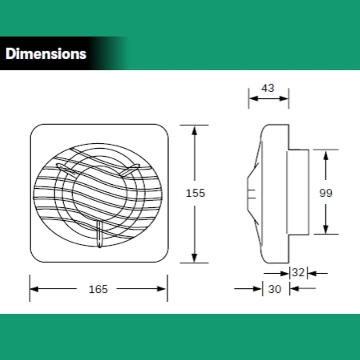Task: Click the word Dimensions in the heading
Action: (46, 54)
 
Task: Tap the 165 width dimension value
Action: (98, 289)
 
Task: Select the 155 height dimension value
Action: (195, 193)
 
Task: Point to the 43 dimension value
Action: (268, 88)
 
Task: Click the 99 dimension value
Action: (326, 193)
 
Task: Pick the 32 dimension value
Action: (298, 272)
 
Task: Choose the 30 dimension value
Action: (275, 289)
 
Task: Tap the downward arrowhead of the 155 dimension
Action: (194, 258)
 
